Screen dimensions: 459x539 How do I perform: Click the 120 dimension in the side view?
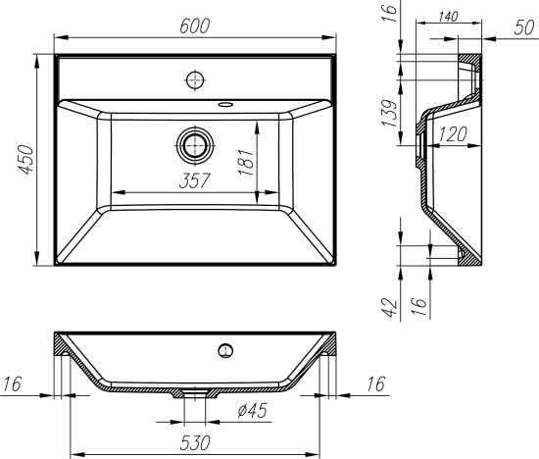tap(450, 134)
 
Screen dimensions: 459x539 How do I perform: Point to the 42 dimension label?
tap(389, 307)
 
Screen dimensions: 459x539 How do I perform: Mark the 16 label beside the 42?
tap(418, 307)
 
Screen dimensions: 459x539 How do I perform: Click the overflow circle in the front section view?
tap(226, 349)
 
